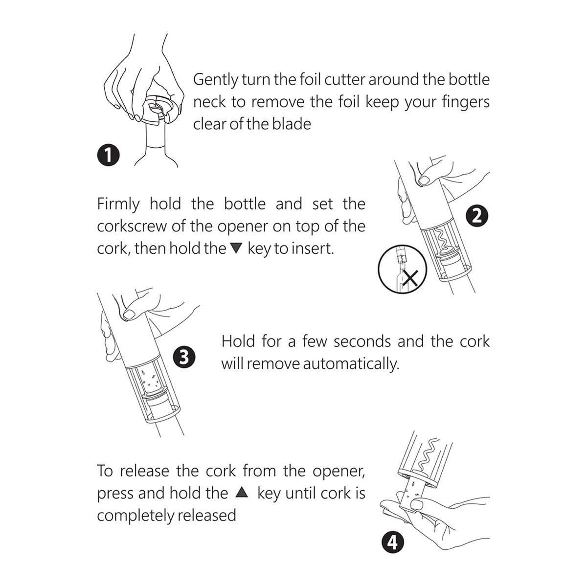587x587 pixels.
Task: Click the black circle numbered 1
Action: (109, 155)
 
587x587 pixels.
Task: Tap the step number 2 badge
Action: (477, 216)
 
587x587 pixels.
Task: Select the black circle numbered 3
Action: (184, 357)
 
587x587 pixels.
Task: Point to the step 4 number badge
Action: (393, 542)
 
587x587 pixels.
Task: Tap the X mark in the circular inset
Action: (410, 278)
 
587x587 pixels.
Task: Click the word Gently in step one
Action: (216, 80)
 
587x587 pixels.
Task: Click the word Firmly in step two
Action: (118, 204)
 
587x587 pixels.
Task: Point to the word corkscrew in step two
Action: (132, 226)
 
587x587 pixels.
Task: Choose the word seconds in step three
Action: (362, 342)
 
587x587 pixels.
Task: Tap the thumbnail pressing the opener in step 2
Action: (424, 180)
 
